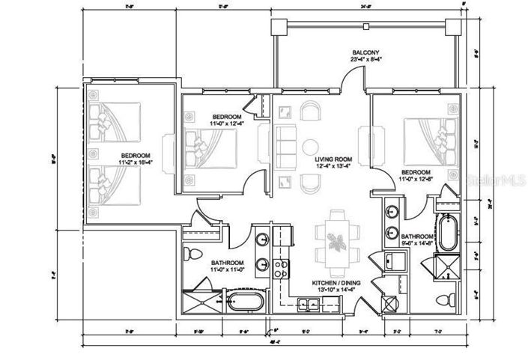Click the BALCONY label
(x=365, y=53)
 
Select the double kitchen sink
(x=308, y=303)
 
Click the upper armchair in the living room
(x=309, y=113)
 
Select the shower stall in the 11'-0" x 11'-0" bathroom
(x=198, y=303)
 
